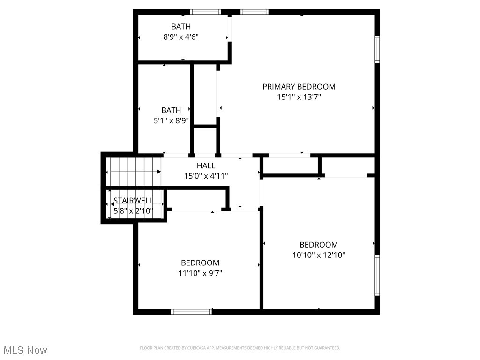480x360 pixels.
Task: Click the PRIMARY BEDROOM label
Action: point(299,86)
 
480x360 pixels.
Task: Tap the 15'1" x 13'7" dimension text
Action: point(299,97)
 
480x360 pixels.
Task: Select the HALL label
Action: point(206,165)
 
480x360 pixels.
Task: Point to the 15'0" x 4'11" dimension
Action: point(206,176)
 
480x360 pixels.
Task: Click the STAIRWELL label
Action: point(133,200)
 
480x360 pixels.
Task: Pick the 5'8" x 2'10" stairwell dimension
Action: point(133,210)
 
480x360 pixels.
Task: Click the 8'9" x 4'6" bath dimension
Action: point(180,37)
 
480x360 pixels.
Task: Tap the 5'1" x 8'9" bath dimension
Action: point(171,120)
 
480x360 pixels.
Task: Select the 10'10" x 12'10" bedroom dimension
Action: point(319,255)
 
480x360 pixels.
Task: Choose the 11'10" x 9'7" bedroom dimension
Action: point(200,273)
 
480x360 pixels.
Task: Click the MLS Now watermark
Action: point(25,350)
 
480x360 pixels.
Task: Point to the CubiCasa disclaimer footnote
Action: point(240,348)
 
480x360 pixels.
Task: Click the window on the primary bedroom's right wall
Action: point(377,49)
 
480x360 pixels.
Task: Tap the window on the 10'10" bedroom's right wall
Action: point(377,275)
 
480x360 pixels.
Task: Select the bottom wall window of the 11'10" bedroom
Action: point(191,311)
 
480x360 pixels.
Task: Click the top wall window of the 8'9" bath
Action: point(205,12)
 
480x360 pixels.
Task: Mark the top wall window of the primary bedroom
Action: point(255,12)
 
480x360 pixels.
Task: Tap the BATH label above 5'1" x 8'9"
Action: point(171,110)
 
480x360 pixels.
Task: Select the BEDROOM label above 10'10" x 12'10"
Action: point(319,245)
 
